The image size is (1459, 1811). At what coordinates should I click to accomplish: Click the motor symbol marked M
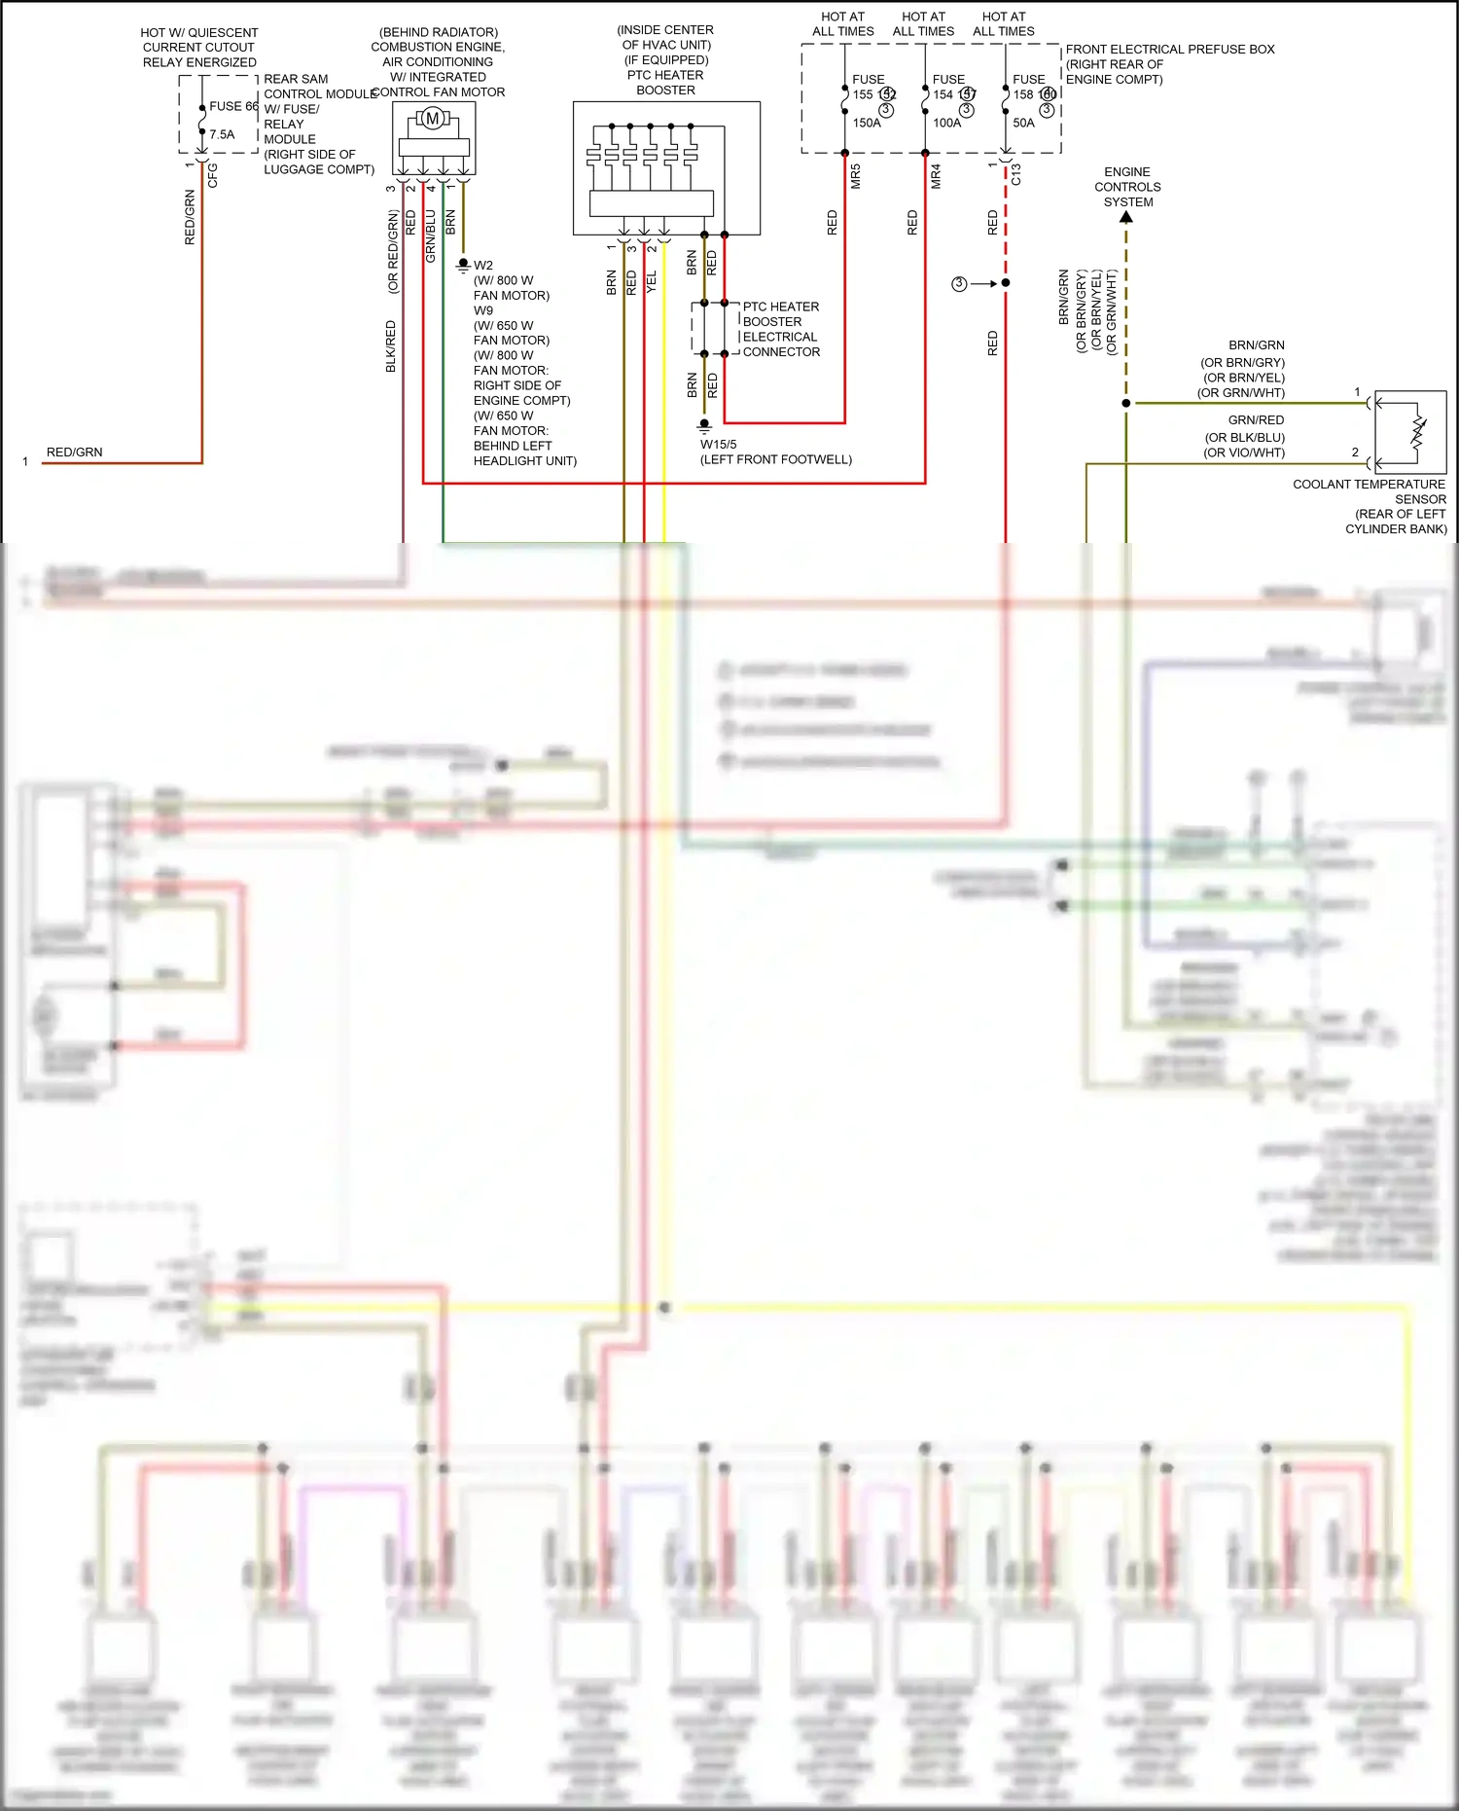[433, 119]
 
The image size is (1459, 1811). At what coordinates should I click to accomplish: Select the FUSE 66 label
[233, 106]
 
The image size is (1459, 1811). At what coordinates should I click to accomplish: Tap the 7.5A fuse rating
[222, 134]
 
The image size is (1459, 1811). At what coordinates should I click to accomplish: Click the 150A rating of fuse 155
[867, 124]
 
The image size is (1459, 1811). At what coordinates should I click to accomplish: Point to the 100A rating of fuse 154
[946, 124]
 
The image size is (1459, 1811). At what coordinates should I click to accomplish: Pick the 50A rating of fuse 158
[1023, 124]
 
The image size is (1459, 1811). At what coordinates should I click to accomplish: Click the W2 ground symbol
[463, 265]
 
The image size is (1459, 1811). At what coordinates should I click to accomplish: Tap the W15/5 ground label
[719, 444]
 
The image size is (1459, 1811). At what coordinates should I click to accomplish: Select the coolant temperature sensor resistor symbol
[1416, 433]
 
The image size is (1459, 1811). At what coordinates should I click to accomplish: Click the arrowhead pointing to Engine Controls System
[1126, 218]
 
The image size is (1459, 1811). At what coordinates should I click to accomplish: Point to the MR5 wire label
[856, 177]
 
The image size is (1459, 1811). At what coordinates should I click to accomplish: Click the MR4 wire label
[936, 177]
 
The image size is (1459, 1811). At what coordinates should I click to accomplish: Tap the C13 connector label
[1015, 174]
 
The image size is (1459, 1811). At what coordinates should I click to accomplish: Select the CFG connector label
[212, 175]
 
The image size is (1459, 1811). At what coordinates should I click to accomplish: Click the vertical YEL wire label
[652, 282]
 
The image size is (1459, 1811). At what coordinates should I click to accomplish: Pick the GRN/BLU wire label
[431, 236]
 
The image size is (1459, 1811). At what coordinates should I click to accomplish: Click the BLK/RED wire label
[391, 345]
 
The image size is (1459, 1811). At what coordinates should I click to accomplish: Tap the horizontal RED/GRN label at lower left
[74, 453]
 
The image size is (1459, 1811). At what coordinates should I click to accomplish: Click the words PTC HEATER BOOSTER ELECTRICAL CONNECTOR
[780, 329]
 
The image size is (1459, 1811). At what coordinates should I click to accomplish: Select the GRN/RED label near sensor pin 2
[1256, 420]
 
